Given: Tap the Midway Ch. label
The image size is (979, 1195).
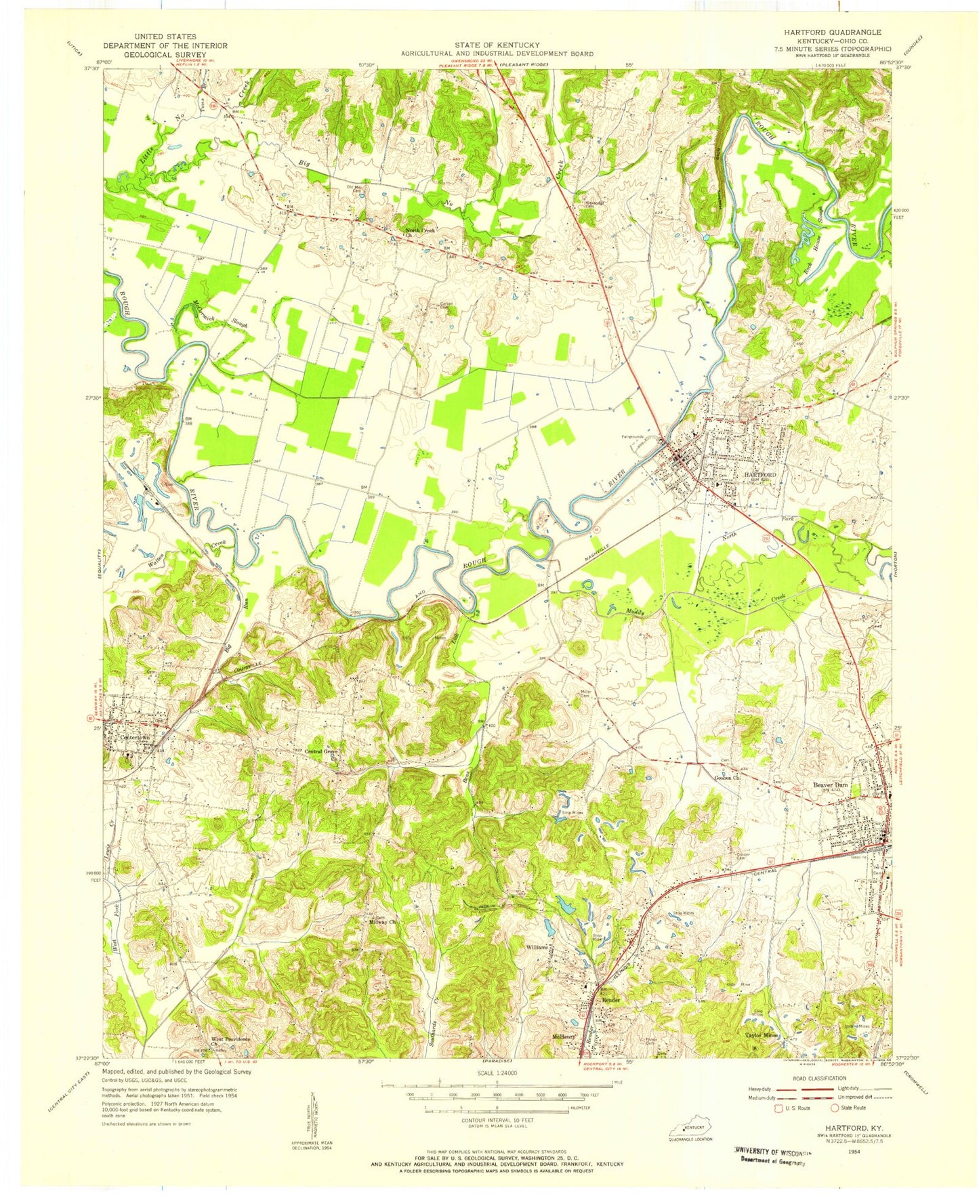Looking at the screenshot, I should tap(381, 923).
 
